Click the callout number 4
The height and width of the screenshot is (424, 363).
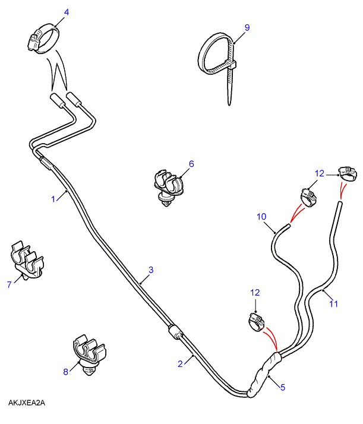67,12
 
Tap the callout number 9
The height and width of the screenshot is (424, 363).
247,27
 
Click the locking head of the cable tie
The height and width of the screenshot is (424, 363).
233,65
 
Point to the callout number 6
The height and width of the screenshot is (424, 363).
191,164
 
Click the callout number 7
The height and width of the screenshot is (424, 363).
10,284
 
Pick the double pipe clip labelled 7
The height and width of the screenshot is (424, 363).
27,260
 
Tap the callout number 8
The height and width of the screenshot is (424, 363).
66,372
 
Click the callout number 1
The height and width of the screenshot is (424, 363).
53,199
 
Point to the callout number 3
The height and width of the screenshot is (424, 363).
151,270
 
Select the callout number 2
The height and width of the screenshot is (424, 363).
180,364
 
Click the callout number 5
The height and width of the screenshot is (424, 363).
283,387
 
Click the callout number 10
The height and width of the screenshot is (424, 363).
261,217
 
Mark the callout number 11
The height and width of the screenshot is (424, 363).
333,304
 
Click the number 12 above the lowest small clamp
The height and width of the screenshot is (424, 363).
255,293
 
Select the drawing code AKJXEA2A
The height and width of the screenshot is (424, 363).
27,403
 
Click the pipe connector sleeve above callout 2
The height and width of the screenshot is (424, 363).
175,331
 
